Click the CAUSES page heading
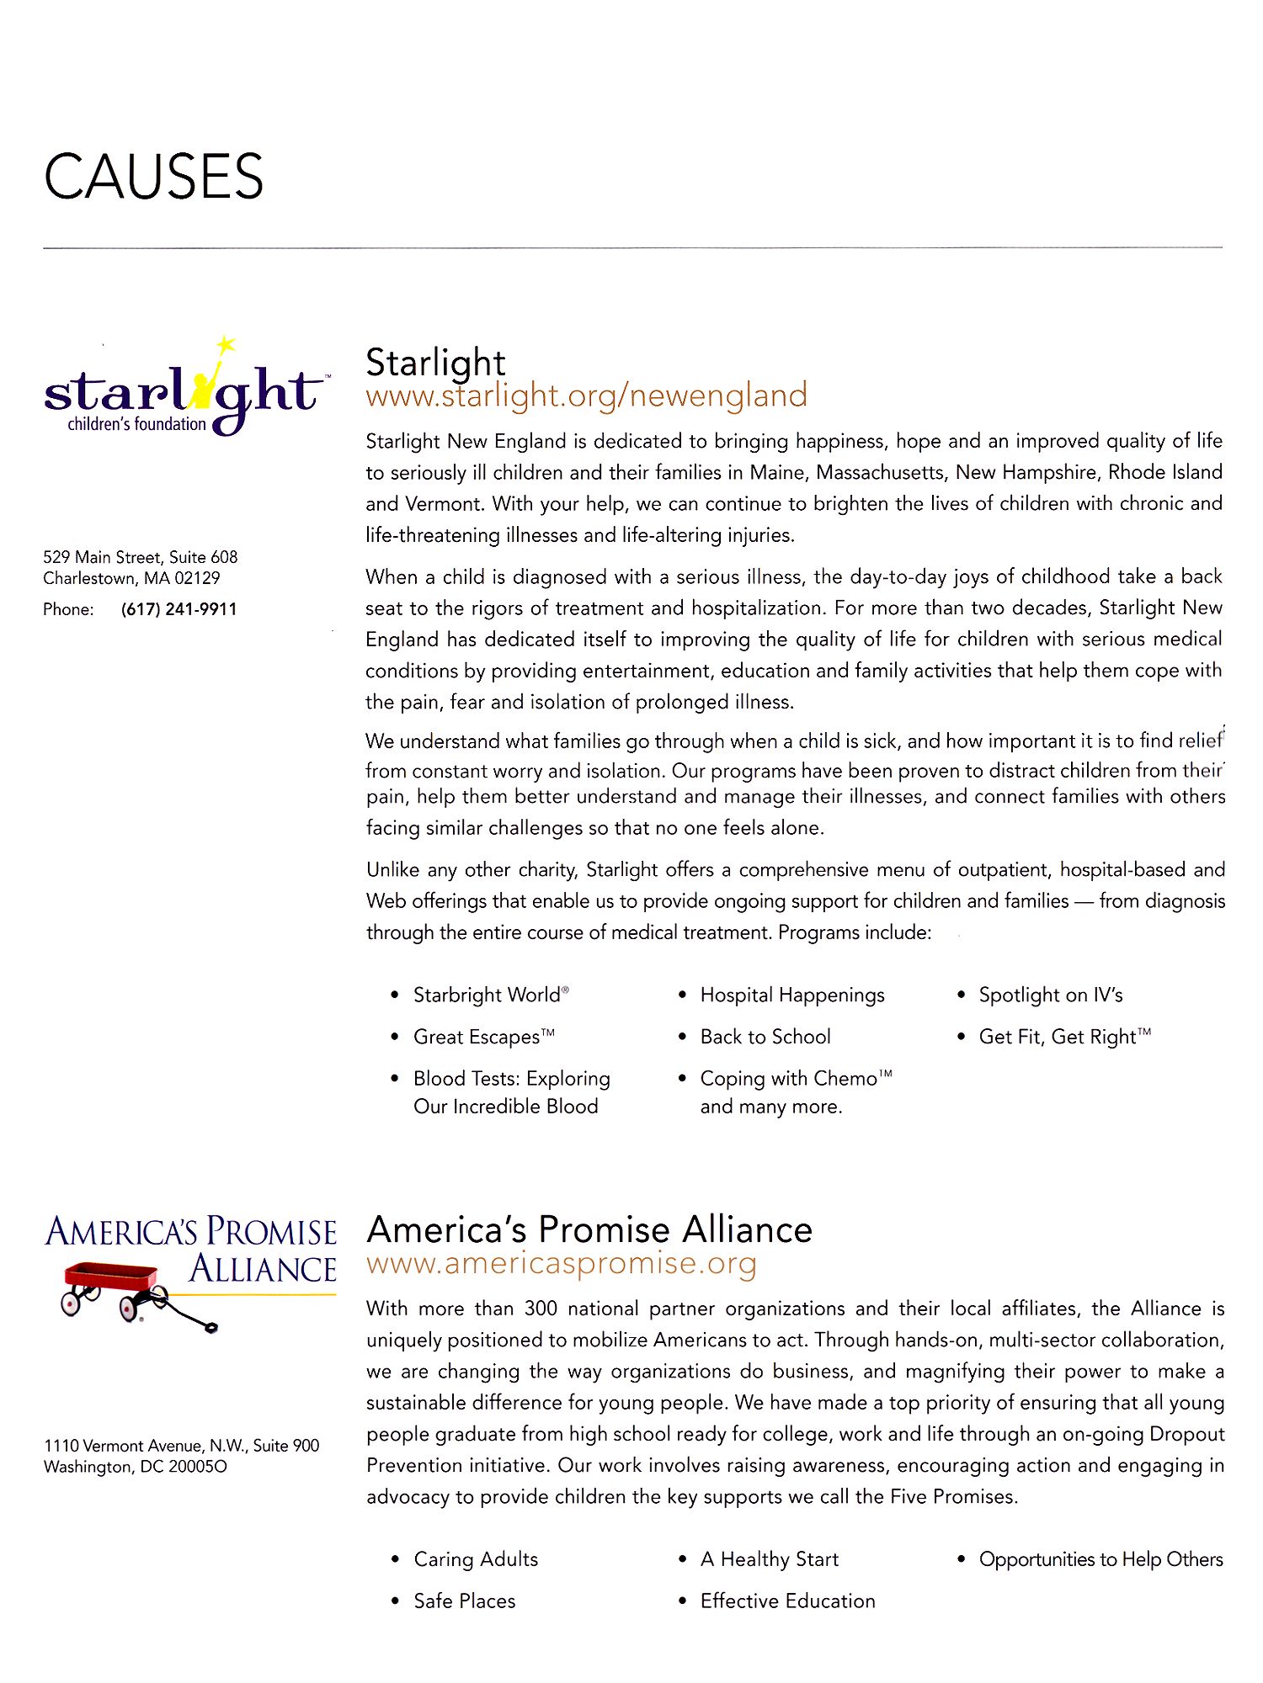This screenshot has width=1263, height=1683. click(x=153, y=177)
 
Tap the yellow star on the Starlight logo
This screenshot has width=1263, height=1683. click(x=225, y=344)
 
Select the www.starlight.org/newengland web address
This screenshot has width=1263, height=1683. click(x=586, y=396)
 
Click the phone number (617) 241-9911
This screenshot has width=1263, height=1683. click(x=179, y=609)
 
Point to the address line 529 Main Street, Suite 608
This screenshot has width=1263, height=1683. click(x=141, y=557)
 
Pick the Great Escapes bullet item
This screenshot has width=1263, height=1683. click(x=483, y=1037)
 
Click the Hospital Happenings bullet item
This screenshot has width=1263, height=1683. click(x=791, y=995)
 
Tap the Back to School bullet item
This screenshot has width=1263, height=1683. click(x=765, y=1037)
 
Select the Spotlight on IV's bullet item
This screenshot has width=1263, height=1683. click(x=1050, y=995)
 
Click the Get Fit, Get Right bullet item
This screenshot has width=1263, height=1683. click(x=1063, y=1037)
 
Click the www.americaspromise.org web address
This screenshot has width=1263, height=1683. click(x=562, y=1264)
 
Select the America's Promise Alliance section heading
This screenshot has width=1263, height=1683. click(x=589, y=1229)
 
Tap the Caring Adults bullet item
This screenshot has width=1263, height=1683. click(x=476, y=1559)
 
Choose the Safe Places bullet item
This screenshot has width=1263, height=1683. click(x=464, y=1601)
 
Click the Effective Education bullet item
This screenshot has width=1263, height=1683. click(x=787, y=1601)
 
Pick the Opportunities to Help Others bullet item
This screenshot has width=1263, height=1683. click(x=1100, y=1559)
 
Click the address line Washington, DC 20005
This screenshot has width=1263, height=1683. click(x=135, y=1467)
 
